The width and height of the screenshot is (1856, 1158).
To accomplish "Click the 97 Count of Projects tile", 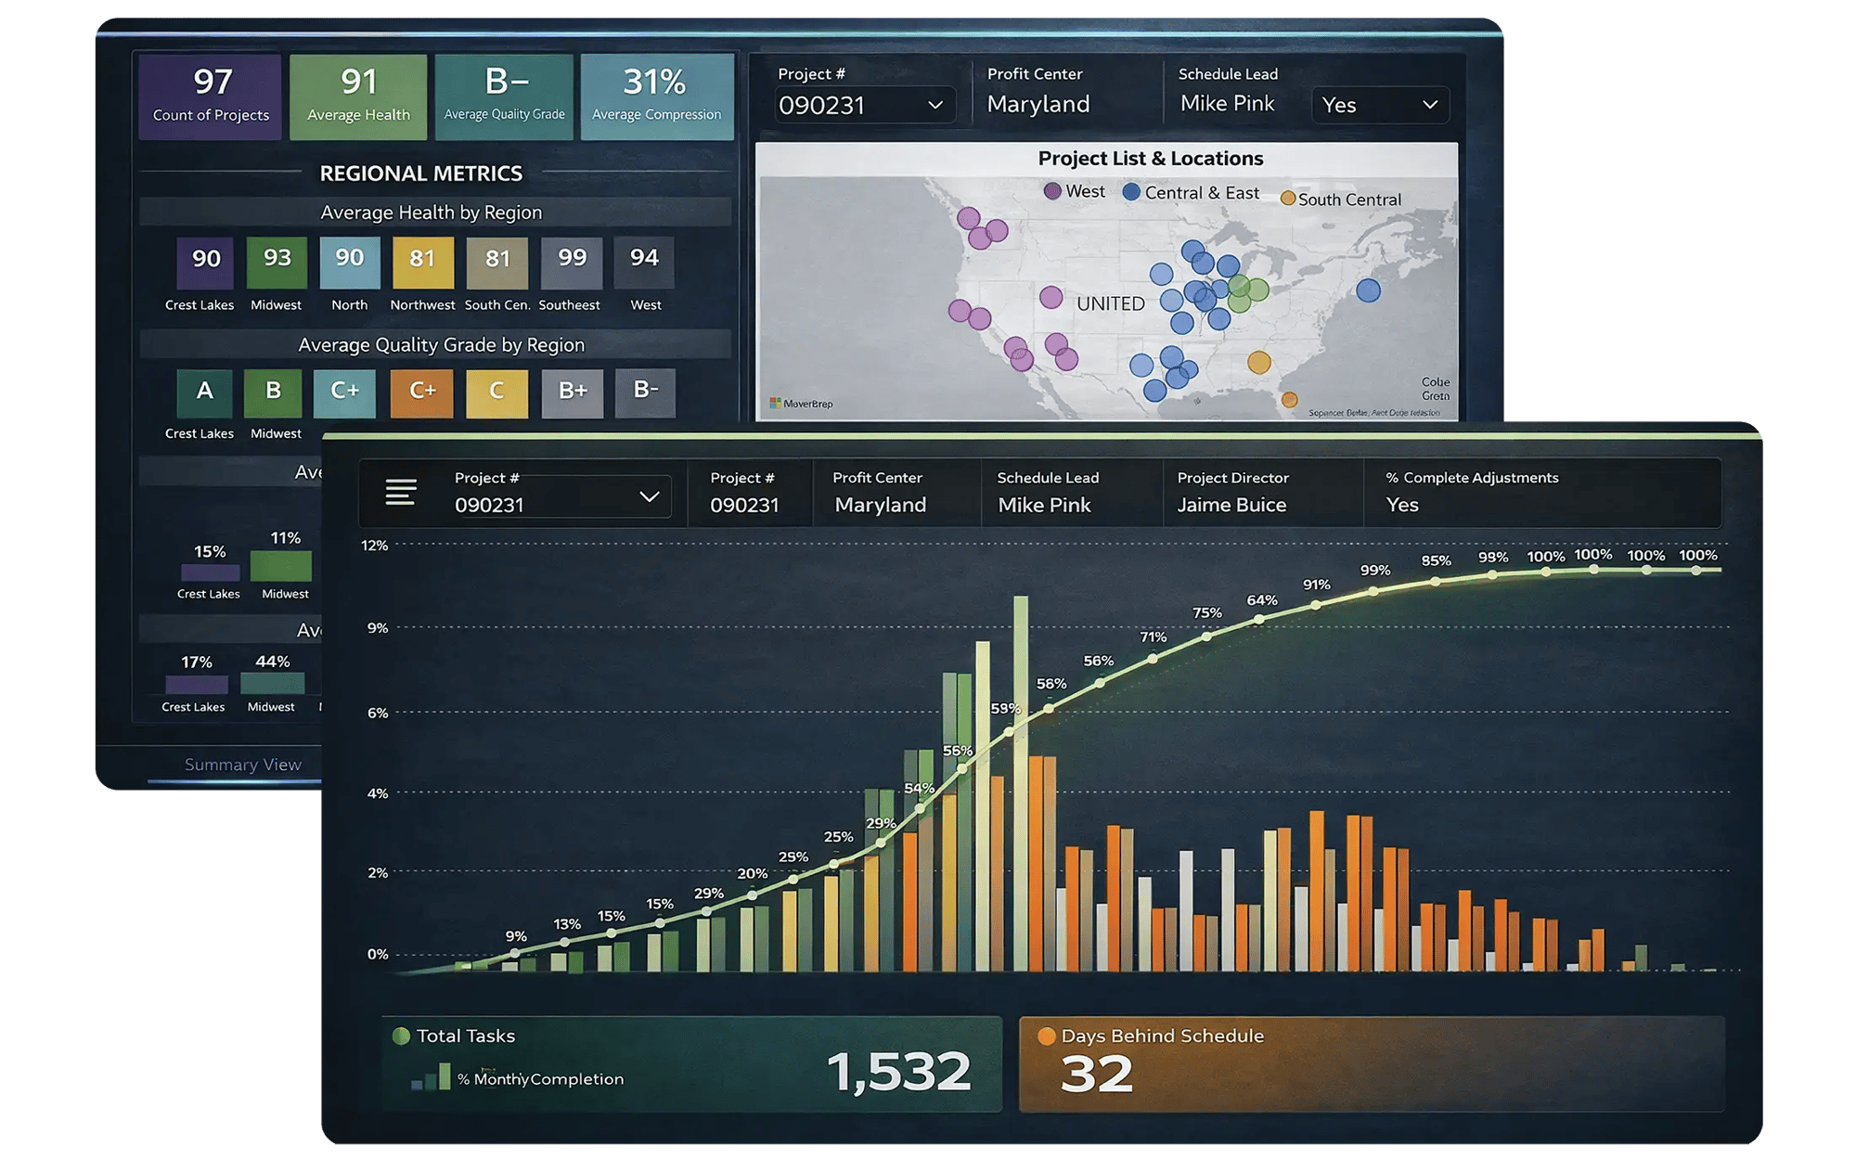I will (211, 96).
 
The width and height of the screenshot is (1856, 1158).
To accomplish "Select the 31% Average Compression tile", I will (656, 96).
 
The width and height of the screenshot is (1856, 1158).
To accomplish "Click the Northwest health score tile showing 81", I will (422, 262).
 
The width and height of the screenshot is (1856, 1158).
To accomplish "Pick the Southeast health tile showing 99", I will (572, 262).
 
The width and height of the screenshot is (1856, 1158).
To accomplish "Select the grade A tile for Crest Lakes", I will (204, 392).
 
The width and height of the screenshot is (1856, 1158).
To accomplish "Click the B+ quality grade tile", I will (573, 392).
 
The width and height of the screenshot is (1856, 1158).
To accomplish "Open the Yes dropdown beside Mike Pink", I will (1380, 105).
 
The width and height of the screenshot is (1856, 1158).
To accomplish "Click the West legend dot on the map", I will (1052, 191).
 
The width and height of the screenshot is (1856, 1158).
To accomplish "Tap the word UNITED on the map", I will (1111, 303).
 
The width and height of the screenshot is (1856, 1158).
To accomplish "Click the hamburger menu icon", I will (401, 492).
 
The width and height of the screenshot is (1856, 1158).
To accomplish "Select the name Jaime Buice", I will (1231, 505).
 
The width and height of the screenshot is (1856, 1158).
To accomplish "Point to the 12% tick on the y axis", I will (375, 546).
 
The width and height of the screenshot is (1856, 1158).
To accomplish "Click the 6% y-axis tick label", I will (378, 713).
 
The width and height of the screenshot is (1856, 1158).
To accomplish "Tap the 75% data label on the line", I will (1207, 613).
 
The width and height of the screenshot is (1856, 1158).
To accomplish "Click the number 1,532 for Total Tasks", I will (898, 1072).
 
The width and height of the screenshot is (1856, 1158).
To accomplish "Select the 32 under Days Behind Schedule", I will (1096, 1074).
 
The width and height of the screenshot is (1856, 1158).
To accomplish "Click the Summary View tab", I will (243, 765).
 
